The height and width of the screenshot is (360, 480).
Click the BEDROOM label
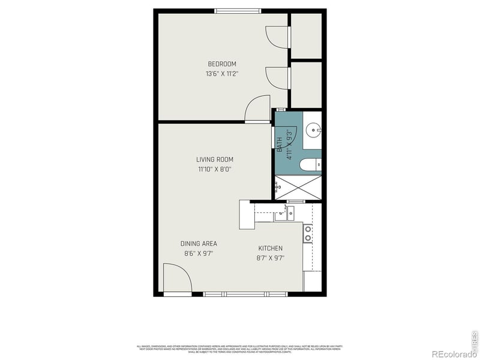pyautogui.click(x=222, y=64)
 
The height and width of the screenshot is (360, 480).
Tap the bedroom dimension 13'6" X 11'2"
pyautogui.click(x=222, y=74)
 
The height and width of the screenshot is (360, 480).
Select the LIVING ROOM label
pyautogui.click(x=215, y=160)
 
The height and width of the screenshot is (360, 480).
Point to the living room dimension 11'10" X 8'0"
pyautogui.click(x=215, y=169)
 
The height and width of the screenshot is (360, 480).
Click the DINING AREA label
pyautogui.click(x=199, y=244)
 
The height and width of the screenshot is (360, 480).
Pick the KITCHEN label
pyautogui.click(x=270, y=248)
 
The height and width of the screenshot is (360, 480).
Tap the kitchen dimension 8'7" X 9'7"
pyautogui.click(x=270, y=258)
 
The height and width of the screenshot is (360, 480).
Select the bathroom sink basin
pyautogui.click(x=313, y=130)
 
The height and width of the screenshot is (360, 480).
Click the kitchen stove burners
pyautogui.click(x=308, y=233)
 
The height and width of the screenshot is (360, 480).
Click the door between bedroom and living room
pyautogui.click(x=258, y=109)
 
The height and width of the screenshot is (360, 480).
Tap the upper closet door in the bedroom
pyautogui.click(x=277, y=37)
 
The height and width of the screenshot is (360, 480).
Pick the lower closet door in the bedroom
pyautogui.click(x=277, y=78)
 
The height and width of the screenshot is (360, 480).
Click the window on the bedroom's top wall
pyautogui.click(x=238, y=10)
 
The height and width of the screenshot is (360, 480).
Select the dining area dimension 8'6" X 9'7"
pyautogui.click(x=199, y=253)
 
